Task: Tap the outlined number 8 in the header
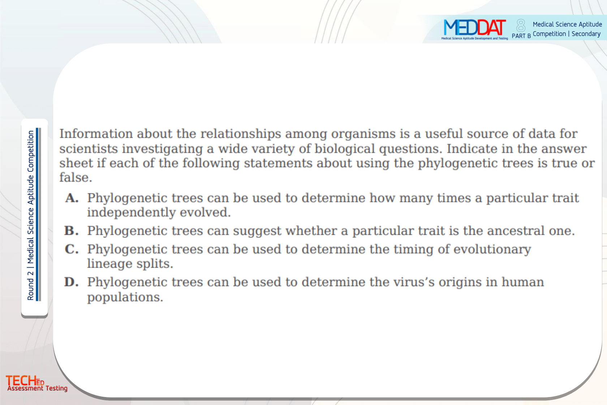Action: click(521, 26)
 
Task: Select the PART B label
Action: click(521, 36)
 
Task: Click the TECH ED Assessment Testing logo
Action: click(36, 383)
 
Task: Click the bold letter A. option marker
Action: click(72, 198)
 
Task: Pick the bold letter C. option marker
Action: click(72, 249)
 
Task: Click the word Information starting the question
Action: click(96, 133)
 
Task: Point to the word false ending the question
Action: click(76, 178)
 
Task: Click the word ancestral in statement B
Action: click(516, 231)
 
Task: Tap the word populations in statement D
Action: click(125, 297)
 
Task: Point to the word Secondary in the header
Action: click(586, 34)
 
